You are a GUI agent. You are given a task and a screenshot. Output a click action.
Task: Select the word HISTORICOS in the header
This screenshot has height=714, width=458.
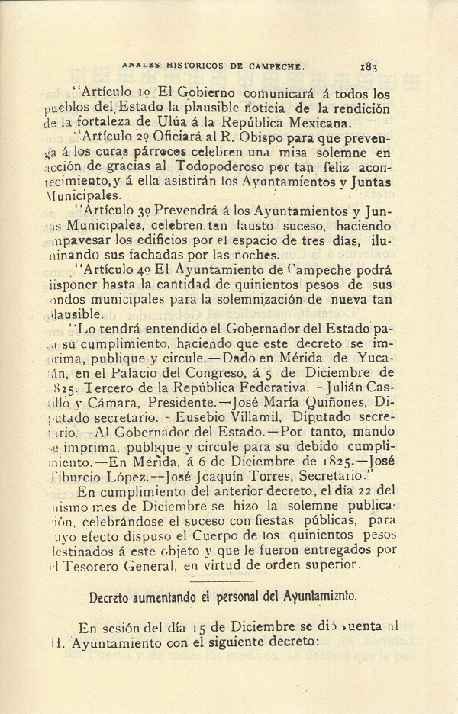[189, 66]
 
